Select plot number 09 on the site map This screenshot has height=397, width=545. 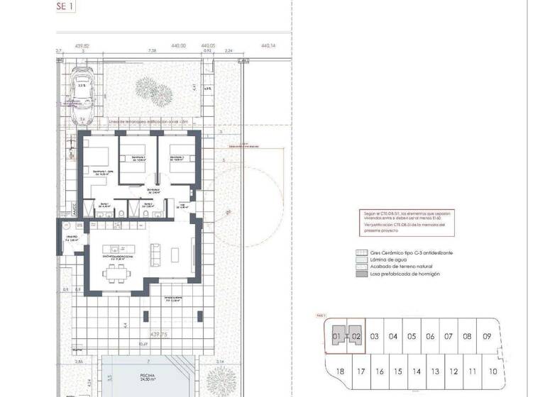click(486, 337)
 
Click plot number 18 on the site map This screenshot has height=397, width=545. click(340, 371)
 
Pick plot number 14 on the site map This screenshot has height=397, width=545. click(417, 371)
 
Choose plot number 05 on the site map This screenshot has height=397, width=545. click(412, 337)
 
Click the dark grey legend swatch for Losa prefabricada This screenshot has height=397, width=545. click(360, 274)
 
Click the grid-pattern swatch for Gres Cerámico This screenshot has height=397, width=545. click(360, 253)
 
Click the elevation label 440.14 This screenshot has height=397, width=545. click(268, 45)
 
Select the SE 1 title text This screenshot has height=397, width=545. click(65, 6)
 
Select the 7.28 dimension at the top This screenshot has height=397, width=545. click(152, 51)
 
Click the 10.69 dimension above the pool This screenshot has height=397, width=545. click(143, 345)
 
